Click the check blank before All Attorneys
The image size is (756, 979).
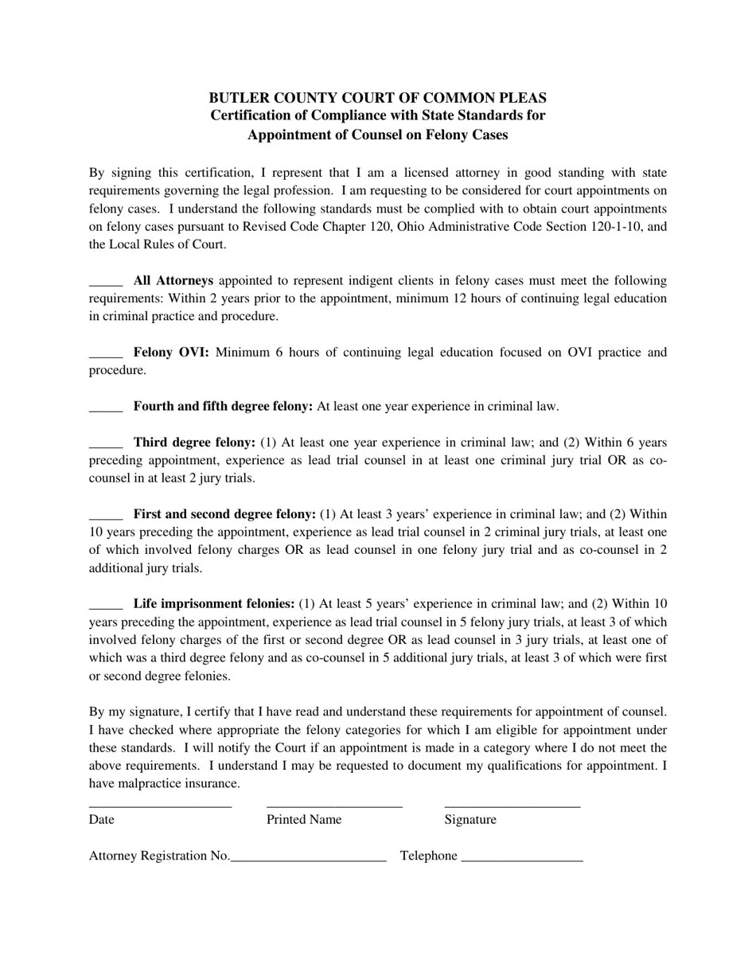pyautogui.click(x=105, y=283)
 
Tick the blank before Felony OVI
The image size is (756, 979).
pyautogui.click(x=105, y=354)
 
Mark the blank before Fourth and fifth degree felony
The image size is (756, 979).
pyautogui.click(x=105, y=408)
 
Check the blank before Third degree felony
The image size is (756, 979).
pyautogui.click(x=105, y=444)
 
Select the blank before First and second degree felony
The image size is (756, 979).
pyautogui.click(x=105, y=516)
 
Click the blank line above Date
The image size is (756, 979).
pyautogui.click(x=160, y=805)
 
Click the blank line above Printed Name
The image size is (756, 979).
pyautogui.click(x=334, y=805)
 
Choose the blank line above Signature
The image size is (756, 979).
pyautogui.click(x=512, y=805)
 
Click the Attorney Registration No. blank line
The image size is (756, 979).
pyautogui.click(x=308, y=858)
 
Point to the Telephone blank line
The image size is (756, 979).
pyautogui.click(x=522, y=858)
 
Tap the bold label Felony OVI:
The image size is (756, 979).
pyautogui.click(x=171, y=353)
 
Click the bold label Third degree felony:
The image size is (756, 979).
pyautogui.click(x=194, y=443)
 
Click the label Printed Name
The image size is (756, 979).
pyautogui.click(x=304, y=820)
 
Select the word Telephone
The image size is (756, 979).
pyautogui.click(x=429, y=856)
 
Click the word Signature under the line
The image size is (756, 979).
pyautogui.click(x=470, y=820)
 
